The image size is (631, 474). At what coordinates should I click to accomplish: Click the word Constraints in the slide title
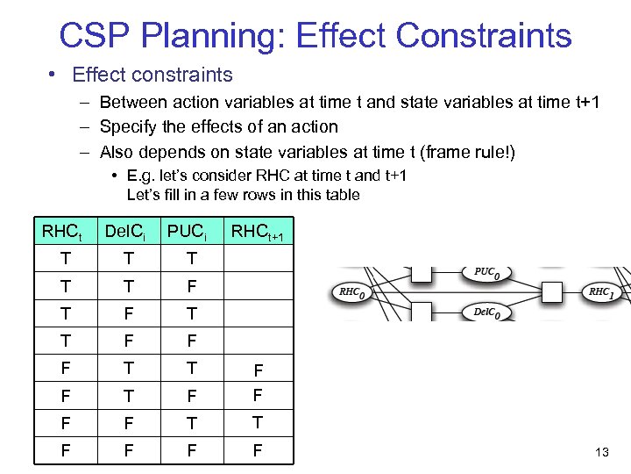pyautogui.click(x=484, y=36)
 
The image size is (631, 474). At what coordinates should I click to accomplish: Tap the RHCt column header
pyautogui.click(x=62, y=233)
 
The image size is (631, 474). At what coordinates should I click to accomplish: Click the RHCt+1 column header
pyautogui.click(x=257, y=233)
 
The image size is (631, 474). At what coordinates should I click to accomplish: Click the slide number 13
pyautogui.click(x=601, y=452)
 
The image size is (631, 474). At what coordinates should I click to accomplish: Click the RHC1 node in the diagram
pyautogui.click(x=601, y=293)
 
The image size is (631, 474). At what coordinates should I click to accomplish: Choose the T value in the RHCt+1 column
pyautogui.click(x=257, y=422)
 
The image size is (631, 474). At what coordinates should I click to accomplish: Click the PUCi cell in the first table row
pyautogui.click(x=192, y=257)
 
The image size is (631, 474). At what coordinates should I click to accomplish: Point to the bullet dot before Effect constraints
pyautogui.click(x=53, y=75)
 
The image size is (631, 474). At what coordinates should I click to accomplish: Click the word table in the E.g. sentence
pyautogui.click(x=342, y=195)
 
